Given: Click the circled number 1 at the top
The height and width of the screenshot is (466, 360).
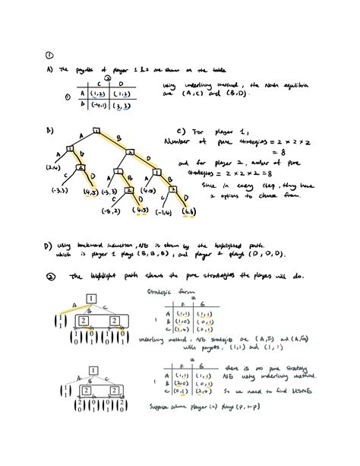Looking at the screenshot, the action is point(49,55).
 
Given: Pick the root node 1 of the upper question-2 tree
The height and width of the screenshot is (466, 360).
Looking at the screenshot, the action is point(90,298).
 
